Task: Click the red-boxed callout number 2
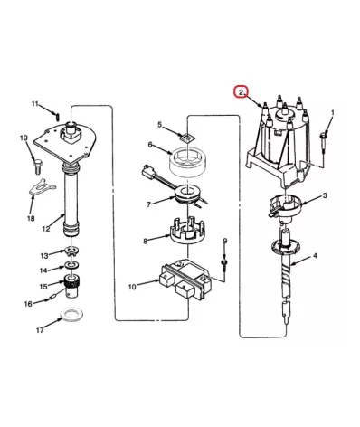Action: tap(241, 92)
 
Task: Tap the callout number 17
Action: tap(40, 330)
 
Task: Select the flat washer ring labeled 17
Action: tap(72, 315)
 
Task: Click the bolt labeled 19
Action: tap(38, 166)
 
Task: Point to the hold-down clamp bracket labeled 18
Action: tap(42, 187)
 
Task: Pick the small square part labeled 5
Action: tap(187, 137)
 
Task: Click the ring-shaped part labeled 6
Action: tap(187, 162)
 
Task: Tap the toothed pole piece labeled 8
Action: tap(187, 232)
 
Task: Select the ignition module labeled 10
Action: tap(185, 280)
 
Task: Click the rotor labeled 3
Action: tap(284, 207)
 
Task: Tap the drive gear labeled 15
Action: tap(71, 286)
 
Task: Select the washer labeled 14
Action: tap(72, 265)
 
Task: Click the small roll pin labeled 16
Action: tap(51, 299)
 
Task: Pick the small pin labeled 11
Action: tap(58, 115)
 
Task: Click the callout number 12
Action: tap(46, 229)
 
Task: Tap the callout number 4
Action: tap(315, 256)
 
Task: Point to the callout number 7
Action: tap(148, 205)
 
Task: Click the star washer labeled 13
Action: tap(71, 251)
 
